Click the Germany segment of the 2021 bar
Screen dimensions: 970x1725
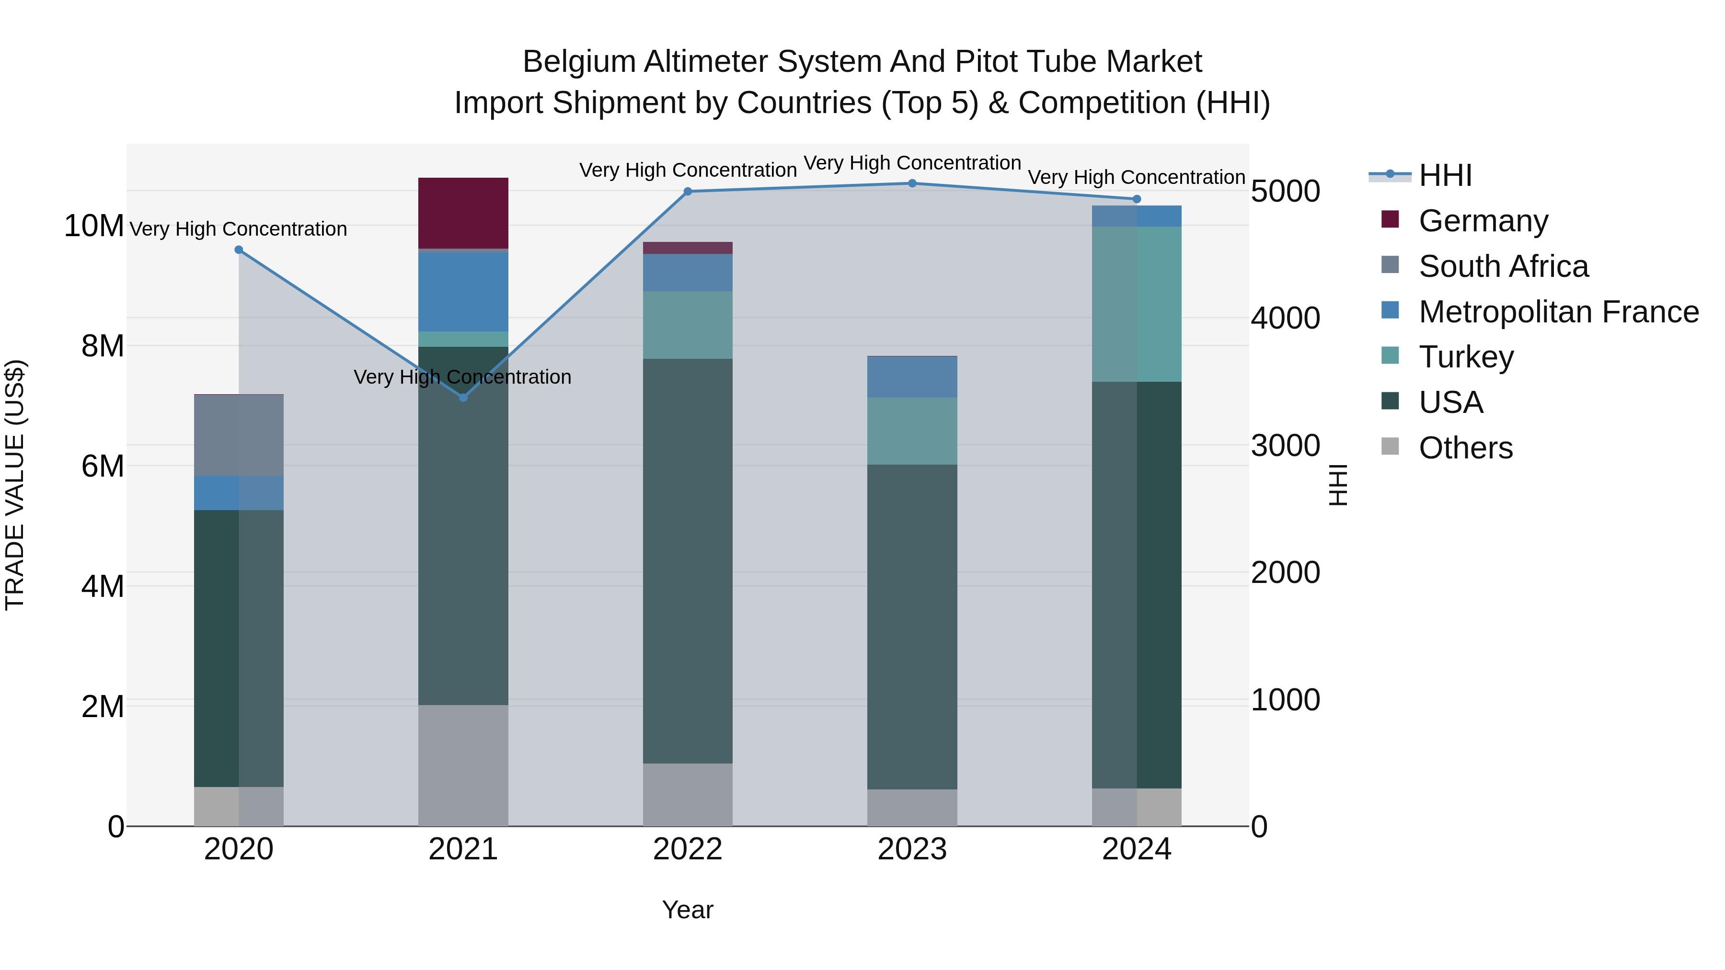[x=463, y=213]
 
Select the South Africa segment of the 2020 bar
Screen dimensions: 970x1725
[x=239, y=435]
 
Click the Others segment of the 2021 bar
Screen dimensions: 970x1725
[x=463, y=765]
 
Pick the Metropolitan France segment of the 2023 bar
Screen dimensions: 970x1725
[x=912, y=377]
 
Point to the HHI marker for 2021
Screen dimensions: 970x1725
[x=463, y=398]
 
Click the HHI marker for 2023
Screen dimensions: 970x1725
[x=912, y=183]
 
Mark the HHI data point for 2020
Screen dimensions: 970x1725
[x=239, y=250]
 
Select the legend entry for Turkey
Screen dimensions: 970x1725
[x=1465, y=357]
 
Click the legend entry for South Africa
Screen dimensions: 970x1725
[x=1503, y=266]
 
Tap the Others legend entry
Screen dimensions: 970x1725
[x=1465, y=448]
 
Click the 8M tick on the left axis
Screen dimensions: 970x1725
[x=103, y=346]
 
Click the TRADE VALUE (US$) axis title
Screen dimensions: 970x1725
[x=15, y=485]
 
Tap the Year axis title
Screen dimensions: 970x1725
[x=688, y=910]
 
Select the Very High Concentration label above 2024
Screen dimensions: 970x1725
[x=1137, y=177]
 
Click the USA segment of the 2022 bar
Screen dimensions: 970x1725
[x=688, y=561]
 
